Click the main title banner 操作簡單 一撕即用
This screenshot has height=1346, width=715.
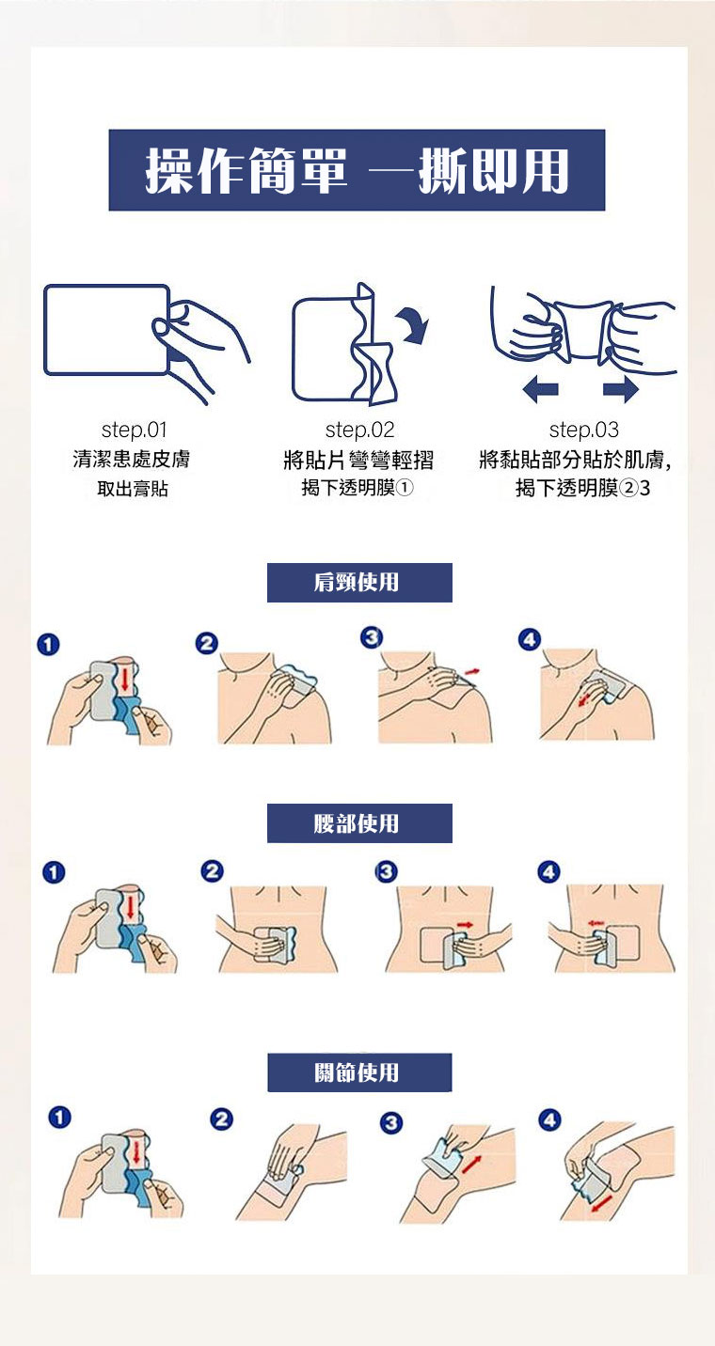pyautogui.click(x=357, y=170)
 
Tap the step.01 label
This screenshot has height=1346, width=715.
pyautogui.click(x=135, y=430)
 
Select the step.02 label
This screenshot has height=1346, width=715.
pyautogui.click(x=359, y=430)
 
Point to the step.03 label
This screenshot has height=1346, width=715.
pyautogui.click(x=584, y=430)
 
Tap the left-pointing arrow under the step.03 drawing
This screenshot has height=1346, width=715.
pyautogui.click(x=541, y=389)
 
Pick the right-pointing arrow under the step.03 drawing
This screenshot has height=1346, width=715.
pyautogui.click(x=621, y=389)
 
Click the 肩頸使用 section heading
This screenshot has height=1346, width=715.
pyautogui.click(x=359, y=582)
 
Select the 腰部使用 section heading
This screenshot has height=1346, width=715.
pyautogui.click(x=359, y=822)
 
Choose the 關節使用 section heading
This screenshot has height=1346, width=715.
pyautogui.click(x=359, y=1072)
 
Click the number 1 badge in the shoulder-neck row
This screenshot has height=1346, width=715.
pyautogui.click(x=48, y=644)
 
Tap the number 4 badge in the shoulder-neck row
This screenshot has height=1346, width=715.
pyautogui.click(x=529, y=639)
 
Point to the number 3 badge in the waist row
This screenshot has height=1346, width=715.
pyautogui.click(x=386, y=871)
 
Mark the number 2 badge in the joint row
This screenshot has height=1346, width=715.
pyautogui.click(x=221, y=1119)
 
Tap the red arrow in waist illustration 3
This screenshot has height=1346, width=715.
pyautogui.click(x=465, y=924)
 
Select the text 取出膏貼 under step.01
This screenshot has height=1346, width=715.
pyautogui.click(x=133, y=489)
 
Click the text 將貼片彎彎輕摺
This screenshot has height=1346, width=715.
pyautogui.click(x=358, y=461)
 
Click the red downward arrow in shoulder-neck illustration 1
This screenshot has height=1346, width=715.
pyautogui.click(x=125, y=678)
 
